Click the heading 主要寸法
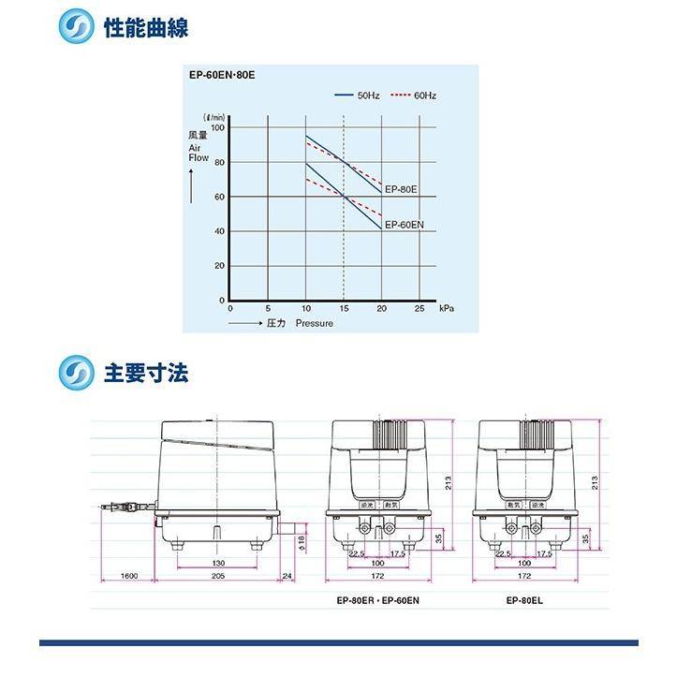click(x=145, y=373)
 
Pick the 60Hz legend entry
click(x=424, y=96)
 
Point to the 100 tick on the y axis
click(x=217, y=127)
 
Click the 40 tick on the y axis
click(x=219, y=231)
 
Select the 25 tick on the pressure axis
click(x=419, y=309)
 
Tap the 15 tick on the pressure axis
click(x=344, y=309)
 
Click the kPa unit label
click(x=447, y=309)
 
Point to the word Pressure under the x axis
click(x=315, y=324)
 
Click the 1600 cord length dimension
click(x=129, y=577)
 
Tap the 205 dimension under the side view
click(x=216, y=577)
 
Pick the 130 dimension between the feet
click(x=216, y=564)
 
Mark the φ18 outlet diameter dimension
click(x=301, y=541)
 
